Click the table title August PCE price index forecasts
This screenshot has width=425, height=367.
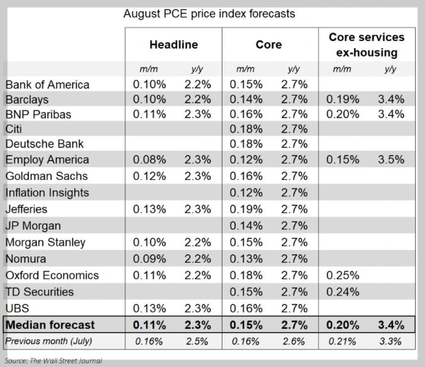coord(209,13)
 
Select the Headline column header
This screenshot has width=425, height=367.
coord(173,45)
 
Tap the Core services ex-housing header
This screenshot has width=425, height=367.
coord(366,44)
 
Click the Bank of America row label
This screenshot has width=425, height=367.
coord(47,84)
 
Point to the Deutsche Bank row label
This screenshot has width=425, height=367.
coord(45,144)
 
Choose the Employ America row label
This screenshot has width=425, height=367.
coord(47,159)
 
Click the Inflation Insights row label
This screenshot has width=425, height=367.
coord(47,192)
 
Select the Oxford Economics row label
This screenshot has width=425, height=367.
coord(52,275)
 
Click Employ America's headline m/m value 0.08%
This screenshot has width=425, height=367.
coord(149,159)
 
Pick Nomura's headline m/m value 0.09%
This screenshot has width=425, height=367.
coord(149,259)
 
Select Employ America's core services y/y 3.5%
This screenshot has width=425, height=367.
coord(390,159)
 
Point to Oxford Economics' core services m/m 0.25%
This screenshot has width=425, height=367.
coord(343,275)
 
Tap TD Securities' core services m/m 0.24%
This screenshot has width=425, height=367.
coord(343,291)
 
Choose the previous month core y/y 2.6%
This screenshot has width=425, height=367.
coord(293,341)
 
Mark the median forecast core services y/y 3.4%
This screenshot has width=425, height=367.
coord(390,325)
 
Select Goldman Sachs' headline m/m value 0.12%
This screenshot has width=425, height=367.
coord(149,176)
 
